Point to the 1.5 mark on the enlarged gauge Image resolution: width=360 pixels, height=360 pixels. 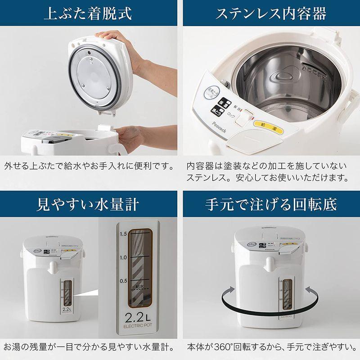pos(122,234)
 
